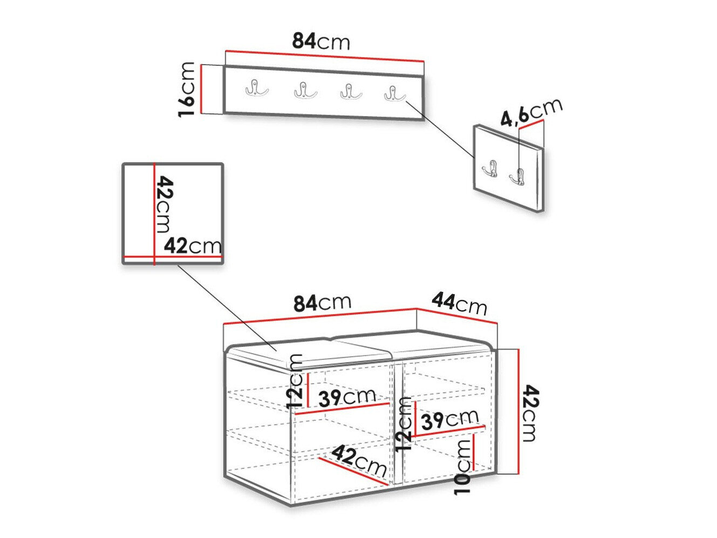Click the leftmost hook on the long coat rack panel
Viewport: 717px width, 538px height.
point(257,88)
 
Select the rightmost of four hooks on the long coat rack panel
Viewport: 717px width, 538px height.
point(394,93)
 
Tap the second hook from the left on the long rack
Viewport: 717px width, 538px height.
point(305,90)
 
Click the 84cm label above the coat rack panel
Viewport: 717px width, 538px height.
point(321,42)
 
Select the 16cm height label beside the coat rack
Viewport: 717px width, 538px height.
point(187,89)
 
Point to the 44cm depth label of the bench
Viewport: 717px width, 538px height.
point(459,304)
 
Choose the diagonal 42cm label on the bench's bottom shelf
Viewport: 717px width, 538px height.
point(359,461)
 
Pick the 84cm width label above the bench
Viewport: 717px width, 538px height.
point(323,303)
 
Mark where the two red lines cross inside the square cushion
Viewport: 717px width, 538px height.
point(154,256)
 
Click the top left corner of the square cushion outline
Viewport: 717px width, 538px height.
point(123,164)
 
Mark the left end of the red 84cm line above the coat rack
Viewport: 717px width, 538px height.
point(226,51)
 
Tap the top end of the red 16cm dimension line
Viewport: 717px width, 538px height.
point(202,65)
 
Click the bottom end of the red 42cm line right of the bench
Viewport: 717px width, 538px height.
point(518,473)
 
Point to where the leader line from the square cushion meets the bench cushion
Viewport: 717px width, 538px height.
point(277,351)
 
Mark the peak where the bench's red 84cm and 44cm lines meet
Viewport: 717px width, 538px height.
point(417,309)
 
